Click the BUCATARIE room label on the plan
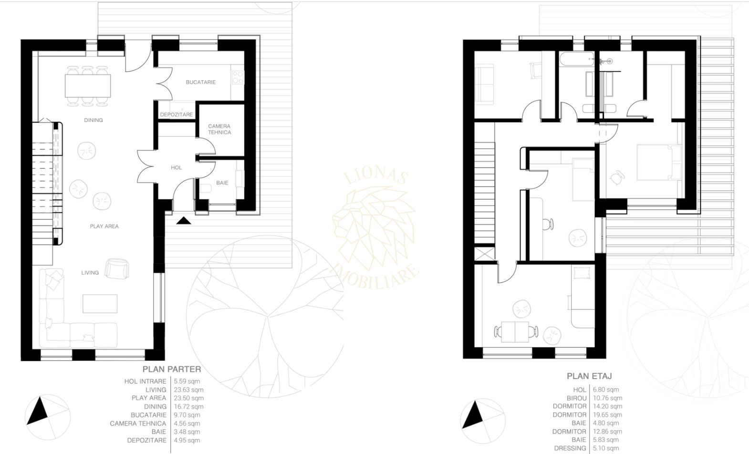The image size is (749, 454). [200, 82]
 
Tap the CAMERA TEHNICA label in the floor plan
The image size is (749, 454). [219, 129]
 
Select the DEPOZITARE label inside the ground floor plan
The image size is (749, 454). [177, 115]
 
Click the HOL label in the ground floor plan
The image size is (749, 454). [177, 168]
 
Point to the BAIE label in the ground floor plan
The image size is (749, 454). [222, 183]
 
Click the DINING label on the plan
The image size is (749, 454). [94, 120]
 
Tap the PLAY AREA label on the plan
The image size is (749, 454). [104, 227]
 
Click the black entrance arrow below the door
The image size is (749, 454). [184, 220]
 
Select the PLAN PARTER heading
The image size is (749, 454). [172, 369]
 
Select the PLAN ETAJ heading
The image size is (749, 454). [589, 376]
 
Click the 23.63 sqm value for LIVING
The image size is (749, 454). [188, 390]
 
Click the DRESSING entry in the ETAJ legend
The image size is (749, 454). [570, 448]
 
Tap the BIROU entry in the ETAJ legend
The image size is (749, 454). [576, 398]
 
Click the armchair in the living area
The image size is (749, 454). [116, 268]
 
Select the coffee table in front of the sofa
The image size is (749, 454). [100, 304]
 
